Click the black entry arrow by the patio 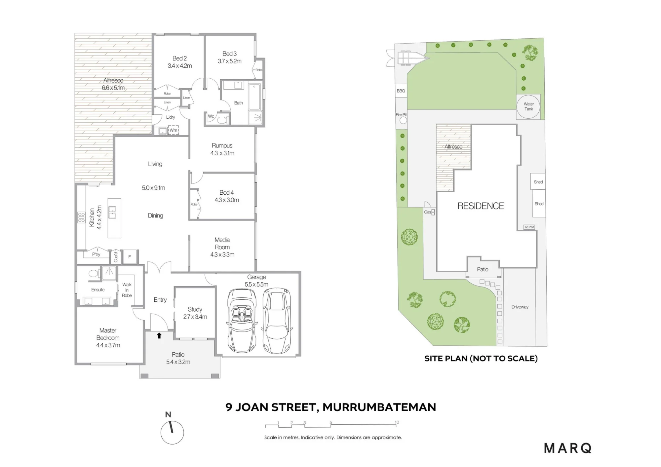(x=159, y=335)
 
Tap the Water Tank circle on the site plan (x=528, y=106)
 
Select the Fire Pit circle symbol (x=403, y=120)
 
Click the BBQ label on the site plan (x=401, y=91)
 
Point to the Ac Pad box (x=529, y=227)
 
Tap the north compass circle (x=172, y=433)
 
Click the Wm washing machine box (x=173, y=130)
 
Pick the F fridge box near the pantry (x=130, y=257)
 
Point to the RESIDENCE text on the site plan (x=481, y=206)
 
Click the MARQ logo (x=567, y=448)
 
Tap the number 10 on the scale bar (x=397, y=422)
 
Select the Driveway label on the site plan (x=520, y=307)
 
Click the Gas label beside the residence (x=428, y=212)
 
